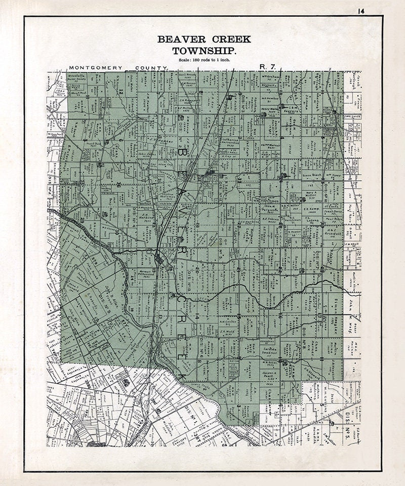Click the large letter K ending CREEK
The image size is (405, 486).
181,378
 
